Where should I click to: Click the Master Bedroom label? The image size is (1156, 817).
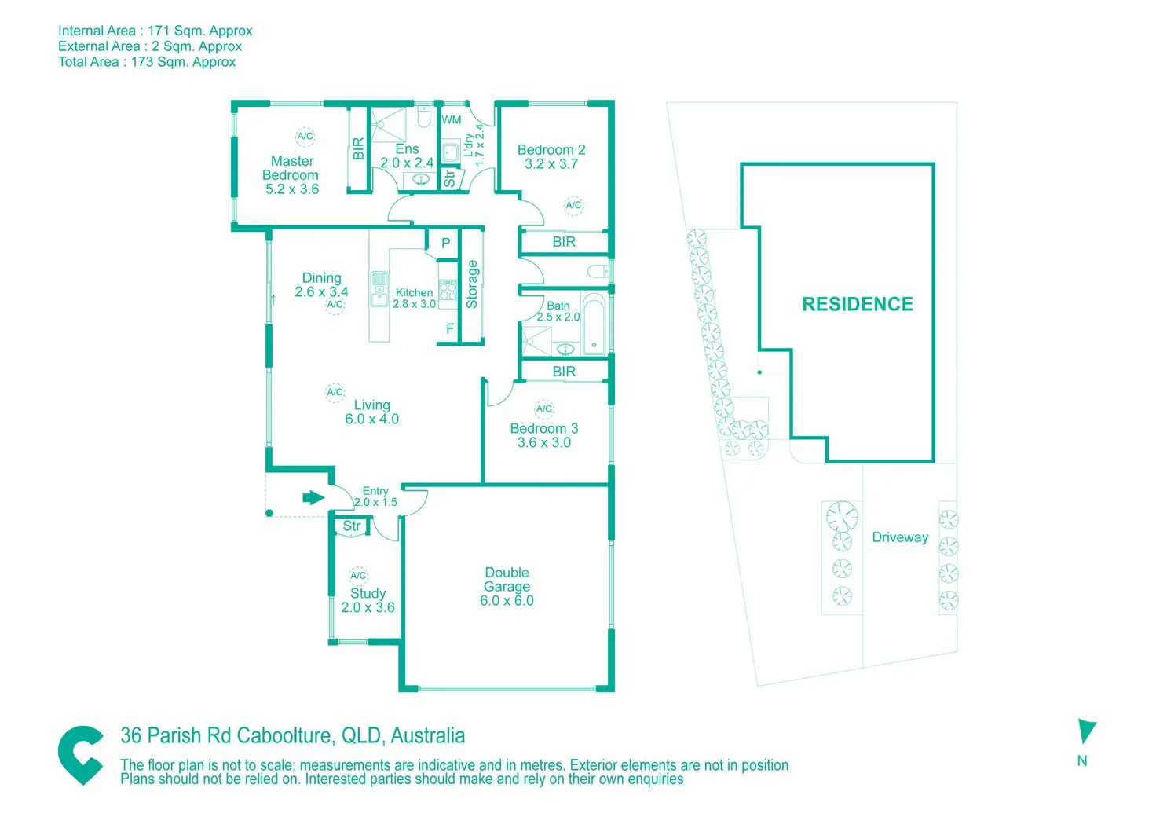pyautogui.click(x=291, y=175)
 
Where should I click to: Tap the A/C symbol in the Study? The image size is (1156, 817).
pyautogui.click(x=358, y=576)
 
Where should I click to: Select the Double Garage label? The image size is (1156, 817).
pyautogui.click(x=507, y=587)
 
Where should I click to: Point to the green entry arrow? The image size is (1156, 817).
pyautogui.click(x=313, y=497)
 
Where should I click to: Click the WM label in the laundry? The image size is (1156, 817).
pyautogui.click(x=451, y=119)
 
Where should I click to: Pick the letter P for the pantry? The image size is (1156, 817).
pyautogui.click(x=446, y=243)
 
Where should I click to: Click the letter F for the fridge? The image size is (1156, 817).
pyautogui.click(x=450, y=328)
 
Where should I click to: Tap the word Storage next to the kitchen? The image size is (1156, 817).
pyautogui.click(x=472, y=284)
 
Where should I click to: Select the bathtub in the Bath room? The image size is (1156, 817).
pyautogui.click(x=594, y=323)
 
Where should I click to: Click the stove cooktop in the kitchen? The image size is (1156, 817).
pyautogui.click(x=448, y=290)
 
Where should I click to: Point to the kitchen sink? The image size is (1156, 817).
pyautogui.click(x=379, y=289)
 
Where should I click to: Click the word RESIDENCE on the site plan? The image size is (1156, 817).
pyautogui.click(x=858, y=304)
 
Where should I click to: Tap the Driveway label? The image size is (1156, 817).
pyautogui.click(x=900, y=537)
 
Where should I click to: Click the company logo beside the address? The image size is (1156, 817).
pyautogui.click(x=81, y=755)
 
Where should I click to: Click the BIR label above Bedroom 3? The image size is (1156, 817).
pyautogui.click(x=564, y=372)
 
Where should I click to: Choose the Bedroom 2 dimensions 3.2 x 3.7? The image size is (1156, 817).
pyautogui.click(x=551, y=164)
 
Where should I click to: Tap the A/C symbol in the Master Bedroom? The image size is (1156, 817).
pyautogui.click(x=305, y=136)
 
